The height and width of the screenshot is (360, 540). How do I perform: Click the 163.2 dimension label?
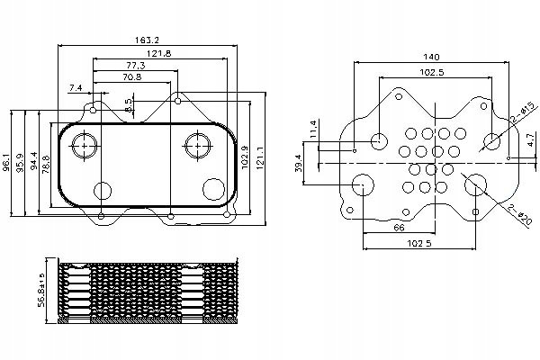[147, 40]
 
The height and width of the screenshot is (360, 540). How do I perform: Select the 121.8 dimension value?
[158, 53]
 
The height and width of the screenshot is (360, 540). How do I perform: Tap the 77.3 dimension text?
[135, 65]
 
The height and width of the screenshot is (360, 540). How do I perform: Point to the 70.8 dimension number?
[132, 76]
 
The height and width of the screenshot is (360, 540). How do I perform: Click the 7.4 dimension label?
[76, 88]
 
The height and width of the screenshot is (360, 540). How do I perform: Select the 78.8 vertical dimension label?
[46, 164]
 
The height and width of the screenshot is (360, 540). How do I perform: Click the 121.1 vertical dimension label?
[260, 158]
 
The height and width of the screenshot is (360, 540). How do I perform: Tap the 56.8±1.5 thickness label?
[41, 290]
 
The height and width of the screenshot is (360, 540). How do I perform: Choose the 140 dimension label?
[431, 57]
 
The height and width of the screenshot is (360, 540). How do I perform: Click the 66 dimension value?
[399, 228]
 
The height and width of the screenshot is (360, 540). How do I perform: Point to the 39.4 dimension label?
[298, 163]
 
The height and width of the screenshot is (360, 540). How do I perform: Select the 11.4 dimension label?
[312, 130]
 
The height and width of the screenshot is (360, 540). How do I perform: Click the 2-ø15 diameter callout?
[525, 112]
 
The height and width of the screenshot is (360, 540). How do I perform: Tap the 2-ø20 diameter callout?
[520, 215]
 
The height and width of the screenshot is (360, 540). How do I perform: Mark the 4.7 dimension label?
[531, 139]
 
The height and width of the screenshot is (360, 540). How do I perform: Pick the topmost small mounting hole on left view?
[177, 101]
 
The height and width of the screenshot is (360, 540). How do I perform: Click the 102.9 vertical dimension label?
[245, 157]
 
